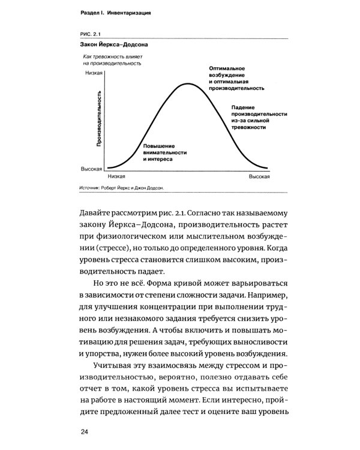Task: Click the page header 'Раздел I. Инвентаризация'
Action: [117, 13]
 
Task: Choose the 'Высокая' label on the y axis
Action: [93, 169]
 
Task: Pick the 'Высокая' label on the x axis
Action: [259, 177]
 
